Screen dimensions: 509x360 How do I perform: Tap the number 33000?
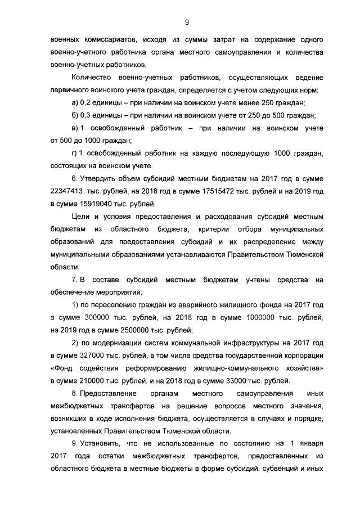pyautogui.click(x=232, y=381)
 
